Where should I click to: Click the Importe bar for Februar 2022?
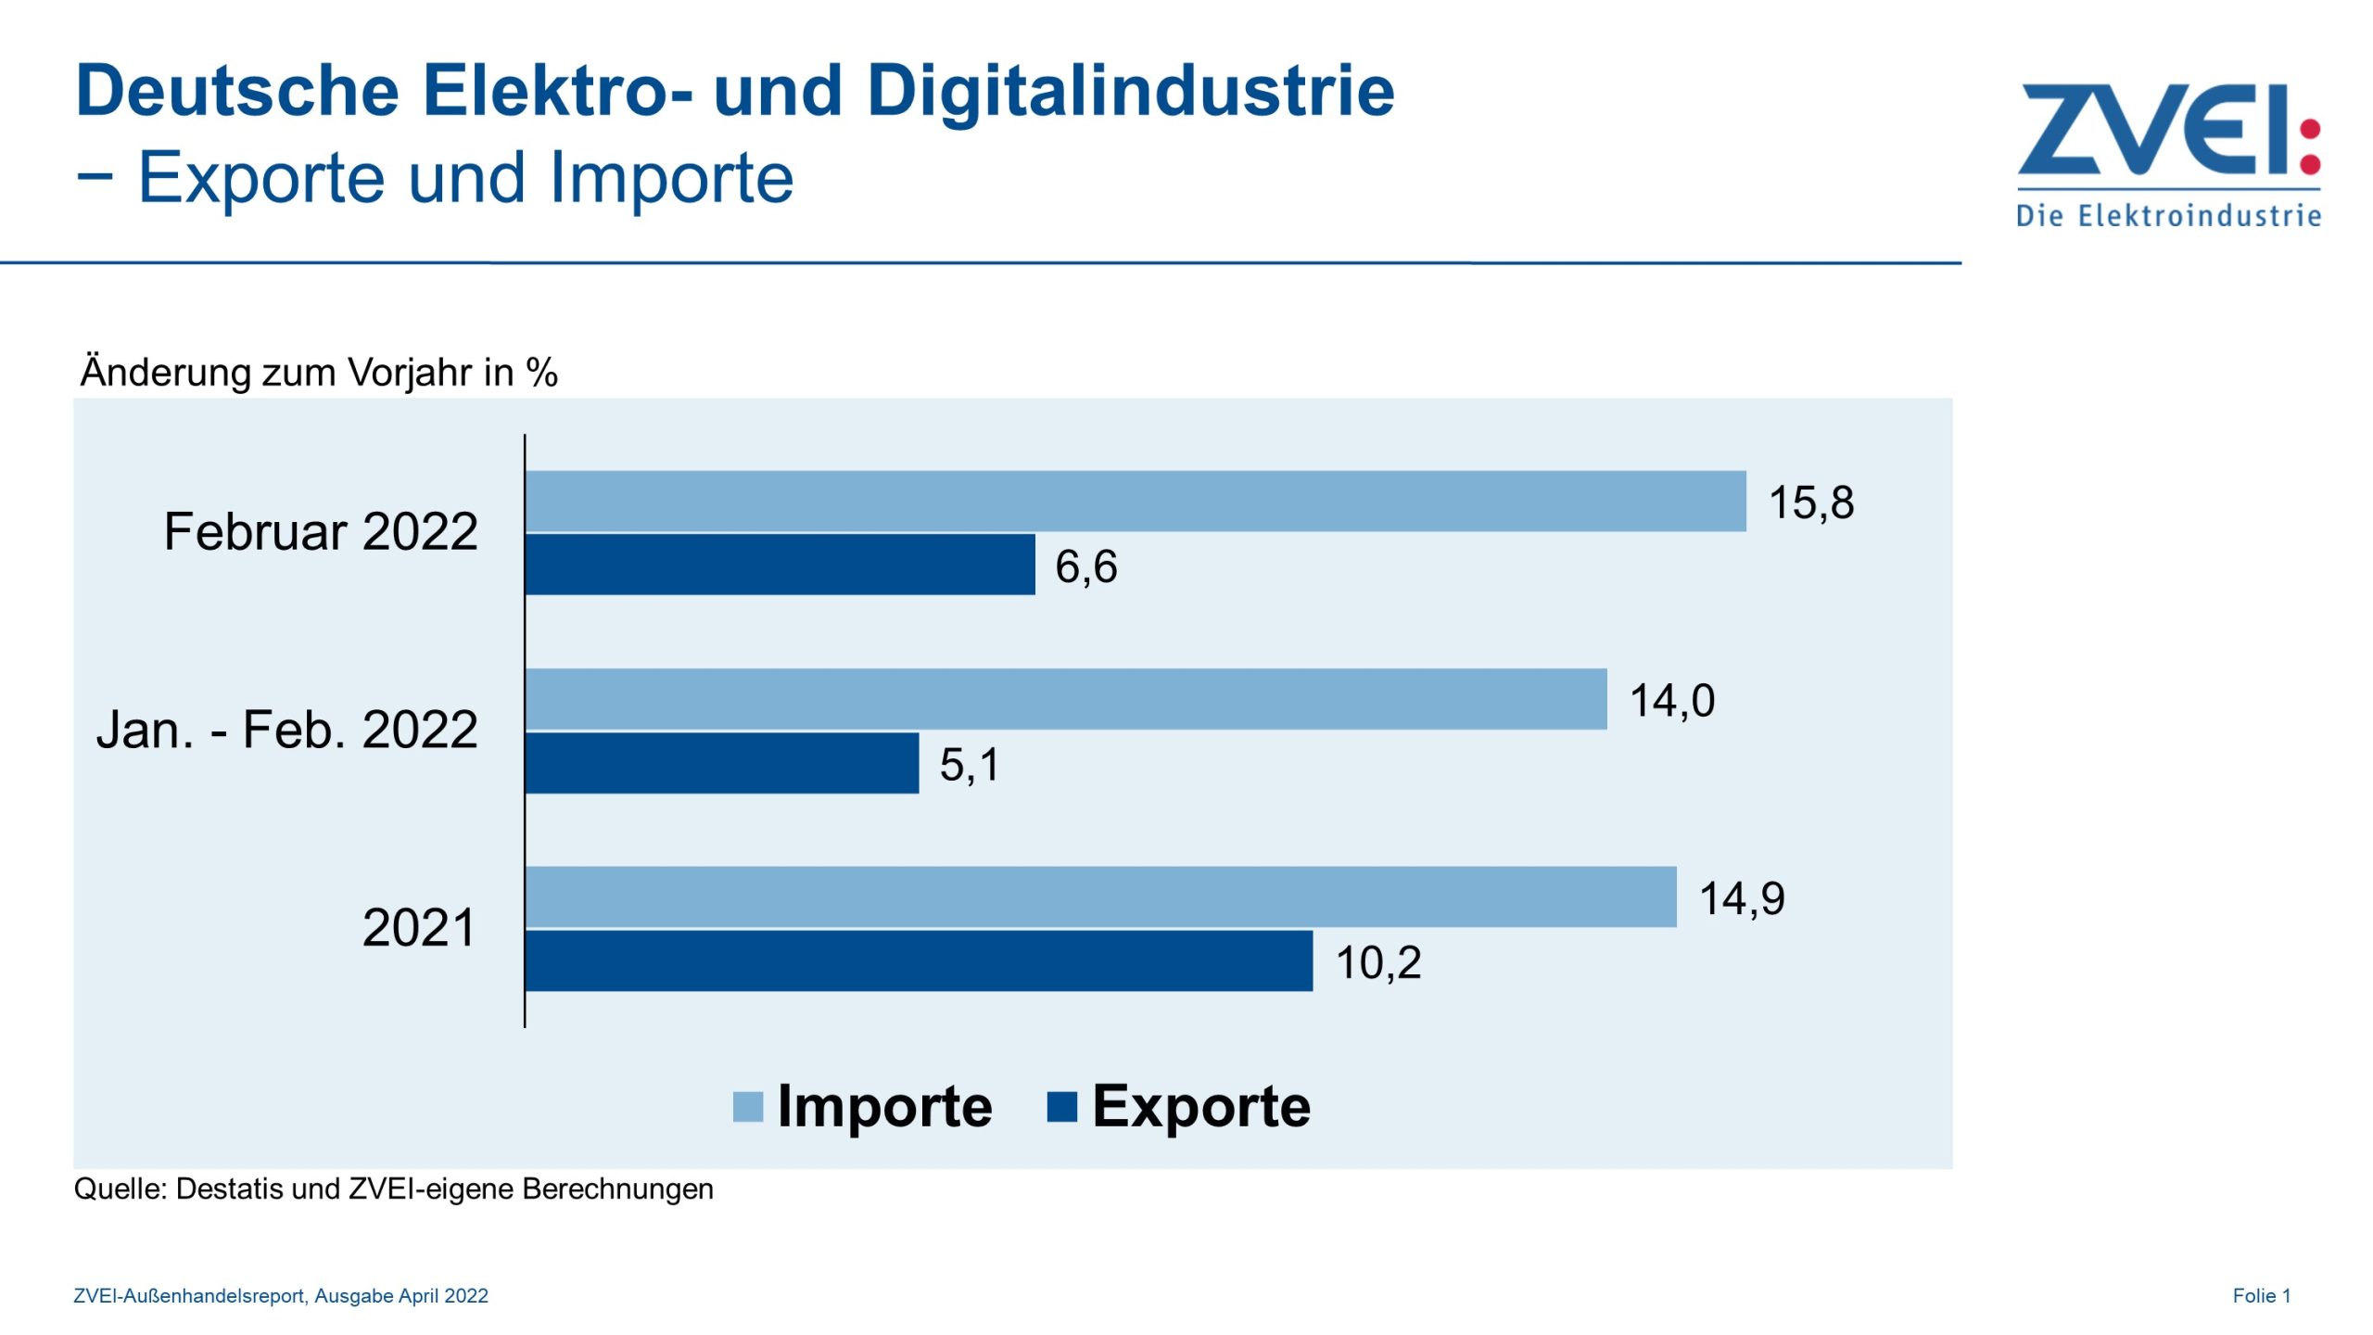[1135, 501]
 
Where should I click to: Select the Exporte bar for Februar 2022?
[780, 564]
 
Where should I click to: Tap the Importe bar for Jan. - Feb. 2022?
[1065, 699]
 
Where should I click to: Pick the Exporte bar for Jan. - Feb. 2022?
[721, 763]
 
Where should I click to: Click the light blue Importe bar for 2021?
[1100, 896]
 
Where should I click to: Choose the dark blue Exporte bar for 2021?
[919, 960]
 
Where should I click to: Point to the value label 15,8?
[1810, 502]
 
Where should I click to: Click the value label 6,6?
[1085, 566]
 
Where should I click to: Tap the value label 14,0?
[1671, 701]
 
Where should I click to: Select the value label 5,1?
[969, 765]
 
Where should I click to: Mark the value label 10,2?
[1377, 962]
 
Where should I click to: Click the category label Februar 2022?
[321, 531]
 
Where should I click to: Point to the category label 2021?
[418, 927]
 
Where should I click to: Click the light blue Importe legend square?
[747, 1107]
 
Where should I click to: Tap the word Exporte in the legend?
[1200, 1107]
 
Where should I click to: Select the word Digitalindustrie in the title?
[1130, 91]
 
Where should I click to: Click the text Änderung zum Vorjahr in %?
[319, 373]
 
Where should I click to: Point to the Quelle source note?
[393, 1189]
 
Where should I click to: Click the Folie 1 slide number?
[2261, 1296]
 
